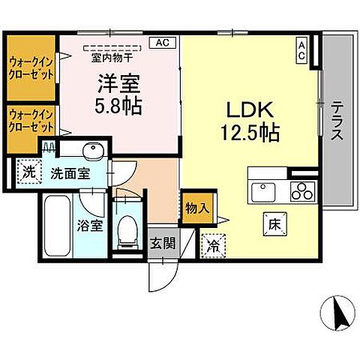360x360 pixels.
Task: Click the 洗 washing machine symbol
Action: point(28,171)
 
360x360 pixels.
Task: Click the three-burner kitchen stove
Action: point(303,190)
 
